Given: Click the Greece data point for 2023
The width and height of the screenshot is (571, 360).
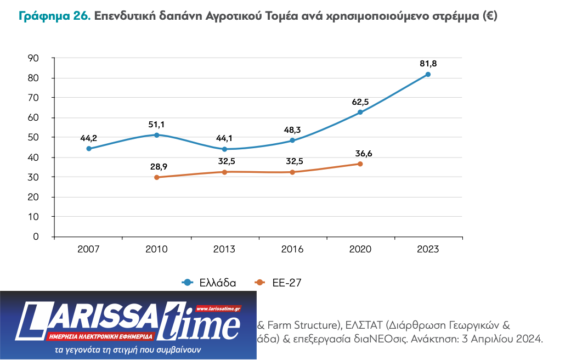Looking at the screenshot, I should pyautogui.click(x=428, y=75).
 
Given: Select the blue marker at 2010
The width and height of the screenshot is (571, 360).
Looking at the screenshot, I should pyautogui.click(x=157, y=135).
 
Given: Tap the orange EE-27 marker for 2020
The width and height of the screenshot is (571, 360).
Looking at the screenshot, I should pyautogui.click(x=360, y=164).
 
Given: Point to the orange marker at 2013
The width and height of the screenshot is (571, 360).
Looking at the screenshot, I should pyautogui.click(x=225, y=172).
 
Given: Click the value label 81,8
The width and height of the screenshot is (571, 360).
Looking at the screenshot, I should pyautogui.click(x=428, y=64).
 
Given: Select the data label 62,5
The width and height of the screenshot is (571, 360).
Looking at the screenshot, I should pyautogui.click(x=360, y=102).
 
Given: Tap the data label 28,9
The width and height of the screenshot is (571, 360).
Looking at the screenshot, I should pyautogui.click(x=157, y=166).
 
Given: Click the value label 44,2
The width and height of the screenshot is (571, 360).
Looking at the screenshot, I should pyautogui.click(x=89, y=138).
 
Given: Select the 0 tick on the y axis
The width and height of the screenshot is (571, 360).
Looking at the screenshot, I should pyautogui.click(x=36, y=237).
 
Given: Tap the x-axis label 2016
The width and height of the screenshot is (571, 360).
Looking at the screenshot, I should pyautogui.click(x=292, y=249).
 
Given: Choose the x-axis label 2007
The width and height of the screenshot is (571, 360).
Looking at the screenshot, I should pyautogui.click(x=89, y=249).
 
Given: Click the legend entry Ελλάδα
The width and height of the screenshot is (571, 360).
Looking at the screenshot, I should pyautogui.click(x=217, y=283).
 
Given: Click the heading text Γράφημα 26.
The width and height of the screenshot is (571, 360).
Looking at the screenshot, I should pyautogui.click(x=54, y=16).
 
